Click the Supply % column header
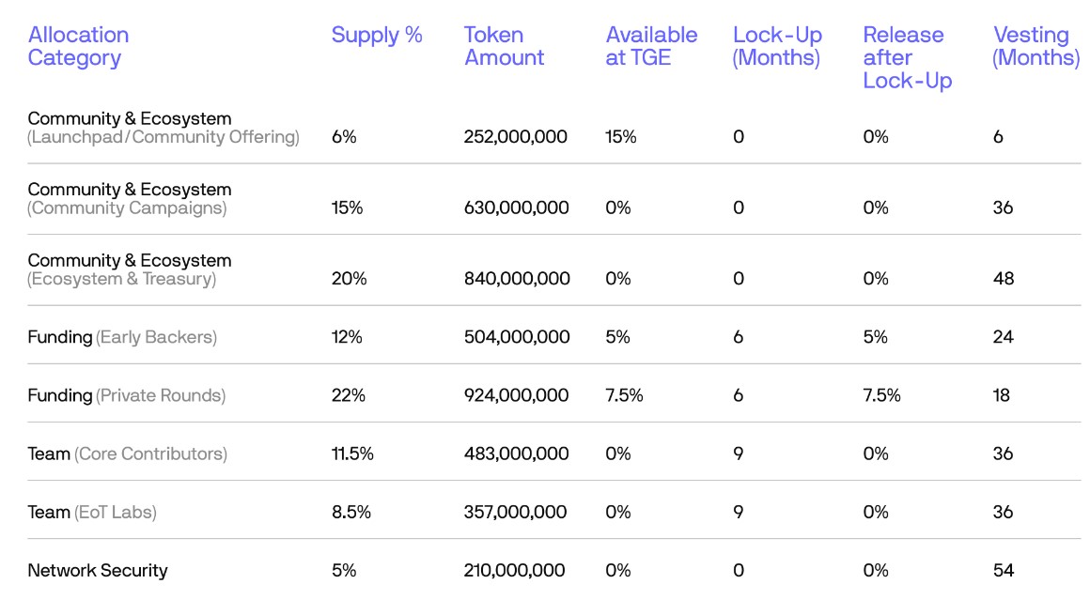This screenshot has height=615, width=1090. [x=377, y=36]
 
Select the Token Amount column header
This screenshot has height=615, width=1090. [x=504, y=47]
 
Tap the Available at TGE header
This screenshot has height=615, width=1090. [x=651, y=47]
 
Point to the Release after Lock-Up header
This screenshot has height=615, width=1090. [x=907, y=58]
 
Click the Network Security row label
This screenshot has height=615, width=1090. [x=98, y=571]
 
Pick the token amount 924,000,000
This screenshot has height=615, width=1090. [x=516, y=396]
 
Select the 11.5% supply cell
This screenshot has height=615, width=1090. [x=352, y=454]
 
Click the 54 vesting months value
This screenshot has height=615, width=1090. [x=1003, y=571]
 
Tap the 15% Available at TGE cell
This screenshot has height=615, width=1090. [x=621, y=137]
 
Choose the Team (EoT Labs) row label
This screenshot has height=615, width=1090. [x=92, y=513]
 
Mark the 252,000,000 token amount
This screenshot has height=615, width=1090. [x=515, y=137]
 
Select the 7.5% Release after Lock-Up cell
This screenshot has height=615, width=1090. [x=881, y=396]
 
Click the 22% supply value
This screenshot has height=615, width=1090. [x=348, y=396]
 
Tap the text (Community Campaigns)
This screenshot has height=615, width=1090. [x=127, y=208]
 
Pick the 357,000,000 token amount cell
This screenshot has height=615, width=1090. [x=515, y=513]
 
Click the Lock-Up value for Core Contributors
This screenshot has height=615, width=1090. [x=739, y=454]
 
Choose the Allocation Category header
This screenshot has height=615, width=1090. [x=78, y=47]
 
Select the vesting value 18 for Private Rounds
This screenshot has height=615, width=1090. [x=1001, y=396]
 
